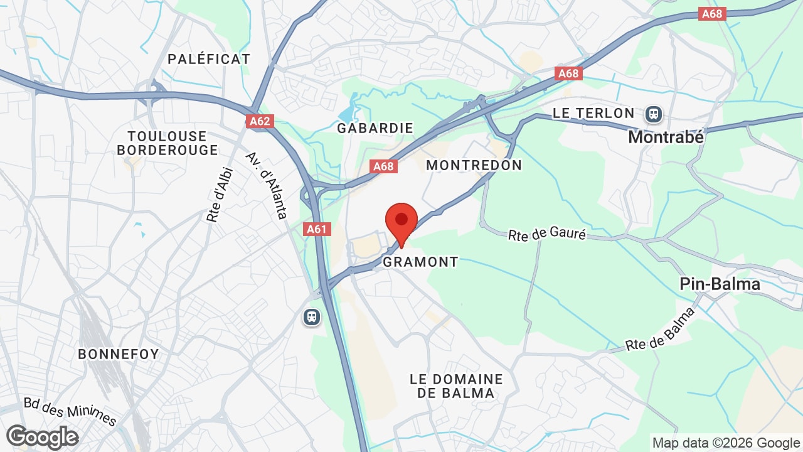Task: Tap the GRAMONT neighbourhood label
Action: (x=420, y=262)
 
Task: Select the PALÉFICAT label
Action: (x=209, y=59)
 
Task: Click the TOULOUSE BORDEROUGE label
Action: (x=168, y=143)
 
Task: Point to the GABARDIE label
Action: (x=375, y=128)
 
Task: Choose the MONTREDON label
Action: (x=474, y=165)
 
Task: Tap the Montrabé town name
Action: (x=666, y=136)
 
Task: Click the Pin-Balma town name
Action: (x=720, y=284)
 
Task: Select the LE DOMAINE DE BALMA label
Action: (x=456, y=386)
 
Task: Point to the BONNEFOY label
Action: (x=119, y=354)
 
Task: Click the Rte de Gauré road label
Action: (x=547, y=235)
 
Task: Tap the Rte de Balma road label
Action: (x=661, y=330)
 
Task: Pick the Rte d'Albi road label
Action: (x=220, y=195)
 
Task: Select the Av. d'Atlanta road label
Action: (x=266, y=185)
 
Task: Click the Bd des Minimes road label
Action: (x=70, y=411)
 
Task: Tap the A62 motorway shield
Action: (x=260, y=121)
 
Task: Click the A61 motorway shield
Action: (x=317, y=229)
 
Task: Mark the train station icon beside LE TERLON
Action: (x=654, y=114)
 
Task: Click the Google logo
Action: (x=42, y=437)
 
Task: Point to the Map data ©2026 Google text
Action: (x=726, y=443)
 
